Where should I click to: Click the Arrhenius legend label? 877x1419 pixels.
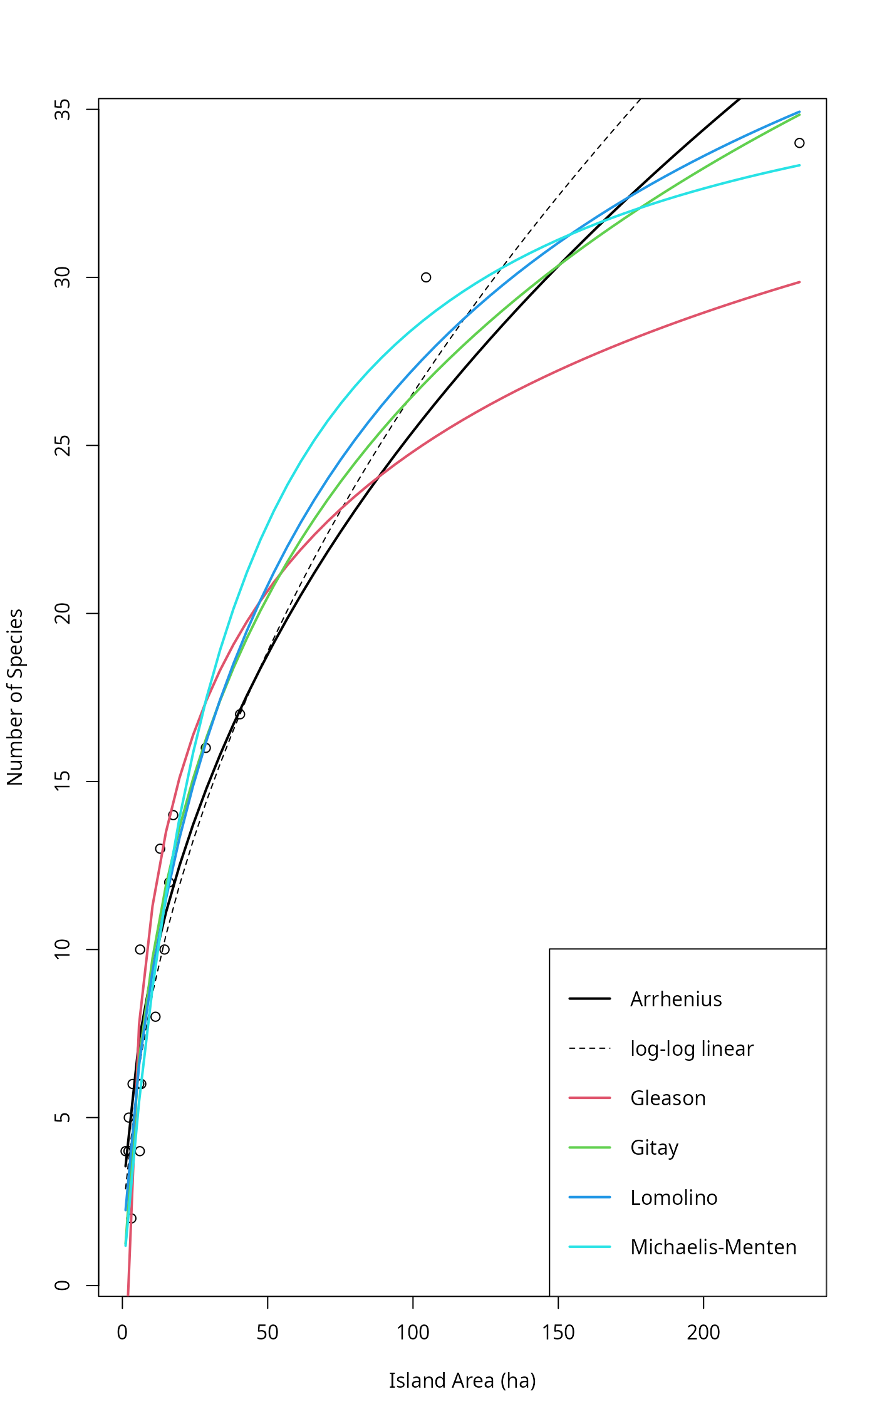point(676,999)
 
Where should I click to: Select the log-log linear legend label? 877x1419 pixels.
point(692,1049)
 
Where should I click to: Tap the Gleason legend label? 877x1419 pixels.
point(668,1098)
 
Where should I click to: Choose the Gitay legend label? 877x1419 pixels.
point(654,1148)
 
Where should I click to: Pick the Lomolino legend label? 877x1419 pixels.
point(673,1198)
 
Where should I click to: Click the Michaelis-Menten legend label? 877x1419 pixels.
point(713,1247)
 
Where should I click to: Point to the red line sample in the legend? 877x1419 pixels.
point(589,1098)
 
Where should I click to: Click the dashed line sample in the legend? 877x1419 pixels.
point(589,1049)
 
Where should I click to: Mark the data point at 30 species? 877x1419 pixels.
point(426,277)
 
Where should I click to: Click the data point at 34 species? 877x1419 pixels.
point(799,143)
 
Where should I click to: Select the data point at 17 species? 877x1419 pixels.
point(240,715)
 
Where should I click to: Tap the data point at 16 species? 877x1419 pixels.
point(205,748)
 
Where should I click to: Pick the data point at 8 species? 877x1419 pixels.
point(155,1017)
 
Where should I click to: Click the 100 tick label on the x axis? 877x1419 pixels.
point(413,1333)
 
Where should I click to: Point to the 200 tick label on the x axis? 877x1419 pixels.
point(703,1333)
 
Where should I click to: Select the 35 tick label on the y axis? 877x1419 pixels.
point(63,110)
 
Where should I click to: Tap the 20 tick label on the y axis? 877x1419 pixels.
point(63,614)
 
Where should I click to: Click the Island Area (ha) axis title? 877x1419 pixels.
point(462,1381)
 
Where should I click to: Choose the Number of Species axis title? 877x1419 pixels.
point(15,697)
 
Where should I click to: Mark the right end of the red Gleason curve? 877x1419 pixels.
point(800,282)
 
